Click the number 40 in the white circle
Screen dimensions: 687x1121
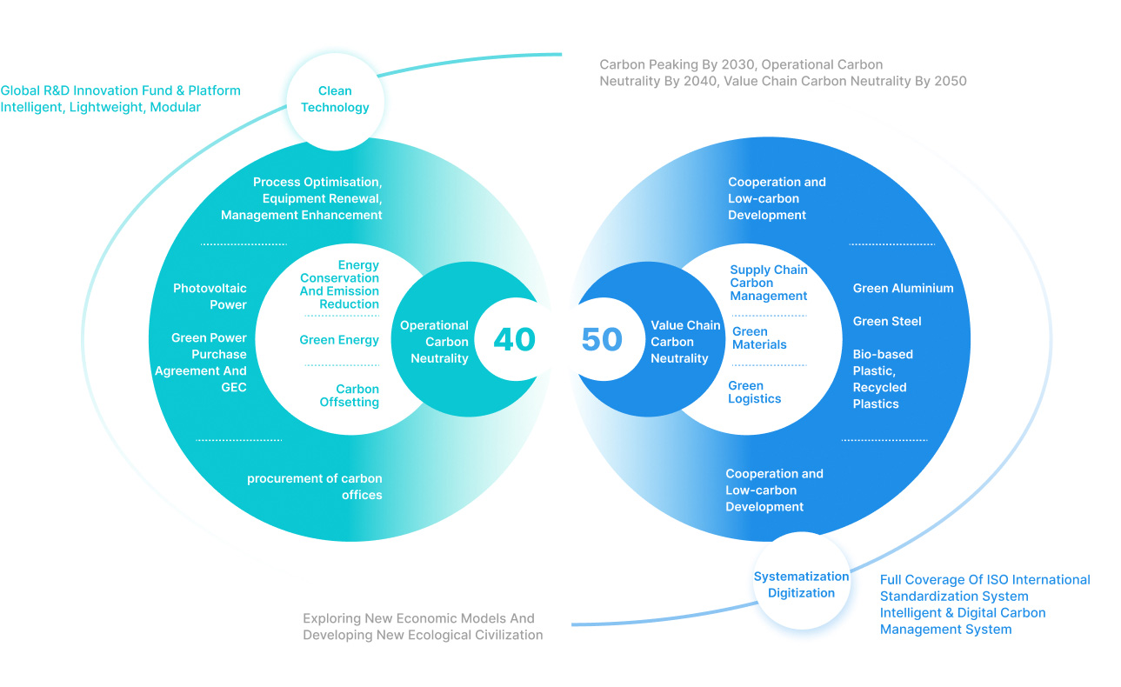(514, 339)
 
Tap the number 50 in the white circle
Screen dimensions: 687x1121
(602, 339)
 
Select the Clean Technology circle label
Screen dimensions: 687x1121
(335, 99)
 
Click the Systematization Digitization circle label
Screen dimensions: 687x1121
(801, 584)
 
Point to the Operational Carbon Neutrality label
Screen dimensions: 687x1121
(434, 342)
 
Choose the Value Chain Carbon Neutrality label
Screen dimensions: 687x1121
(685, 342)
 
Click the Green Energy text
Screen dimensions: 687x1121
(339, 340)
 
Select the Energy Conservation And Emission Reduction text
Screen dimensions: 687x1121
(340, 284)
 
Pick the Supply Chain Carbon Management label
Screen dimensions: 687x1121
(769, 283)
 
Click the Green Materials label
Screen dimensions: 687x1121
(759, 337)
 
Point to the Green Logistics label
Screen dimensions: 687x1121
(754, 392)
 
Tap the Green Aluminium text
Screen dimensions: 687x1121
(903, 289)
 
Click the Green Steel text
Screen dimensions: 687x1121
(887, 322)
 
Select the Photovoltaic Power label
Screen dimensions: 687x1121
(210, 297)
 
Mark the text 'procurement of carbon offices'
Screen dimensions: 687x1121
(315, 486)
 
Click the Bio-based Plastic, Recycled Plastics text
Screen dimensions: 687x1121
(883, 379)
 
